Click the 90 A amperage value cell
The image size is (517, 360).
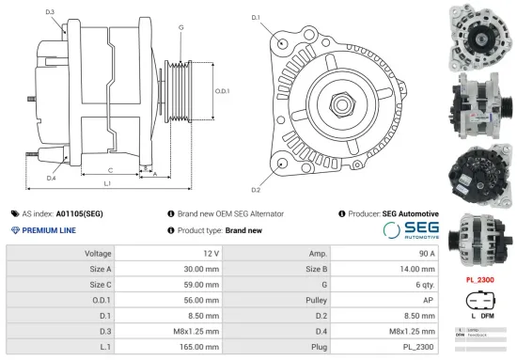(x=408, y=254)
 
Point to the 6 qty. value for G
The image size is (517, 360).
(x=410, y=285)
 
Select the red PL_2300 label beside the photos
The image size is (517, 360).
(x=479, y=280)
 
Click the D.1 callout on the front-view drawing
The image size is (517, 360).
(x=256, y=18)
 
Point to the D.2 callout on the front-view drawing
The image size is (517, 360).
(x=256, y=164)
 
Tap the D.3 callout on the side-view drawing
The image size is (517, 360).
(x=49, y=11)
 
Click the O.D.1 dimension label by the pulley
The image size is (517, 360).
(x=223, y=90)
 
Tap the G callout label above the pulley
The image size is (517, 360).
(x=180, y=27)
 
